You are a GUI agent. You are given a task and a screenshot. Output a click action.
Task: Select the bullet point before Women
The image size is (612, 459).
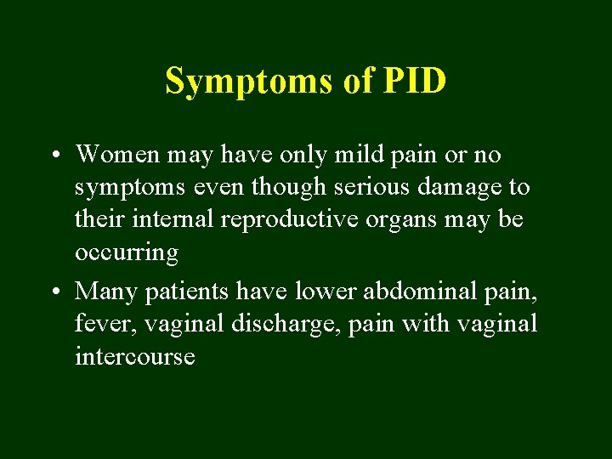(x=54, y=156)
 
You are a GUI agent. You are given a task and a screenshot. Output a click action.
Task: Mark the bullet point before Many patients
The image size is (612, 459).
(x=54, y=292)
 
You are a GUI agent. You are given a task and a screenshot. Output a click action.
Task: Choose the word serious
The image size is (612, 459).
(x=368, y=187)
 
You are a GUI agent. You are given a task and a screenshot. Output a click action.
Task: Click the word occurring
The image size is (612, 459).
(x=127, y=253)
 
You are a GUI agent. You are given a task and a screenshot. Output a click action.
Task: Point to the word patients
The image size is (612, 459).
(x=189, y=292)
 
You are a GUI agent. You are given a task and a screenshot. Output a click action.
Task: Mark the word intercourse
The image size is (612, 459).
(x=134, y=357)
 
